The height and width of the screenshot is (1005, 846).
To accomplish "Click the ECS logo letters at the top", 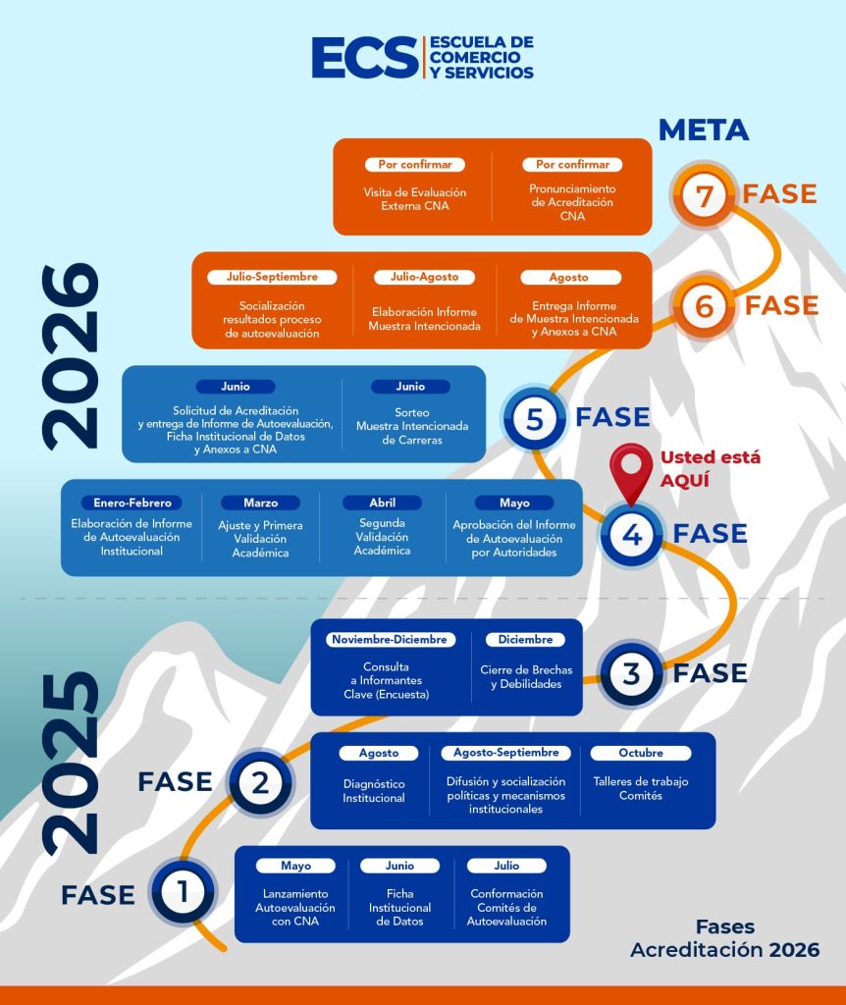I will pos(364,59).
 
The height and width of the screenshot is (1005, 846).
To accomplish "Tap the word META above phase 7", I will pos(703,130).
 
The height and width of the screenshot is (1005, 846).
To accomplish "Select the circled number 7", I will pos(704,194).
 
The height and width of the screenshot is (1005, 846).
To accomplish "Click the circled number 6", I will pos(704,306).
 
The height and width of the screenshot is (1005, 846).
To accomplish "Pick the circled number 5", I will pos(534,418).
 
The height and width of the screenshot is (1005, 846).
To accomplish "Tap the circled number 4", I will pos(631,535).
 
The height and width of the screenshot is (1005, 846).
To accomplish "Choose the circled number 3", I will pos(631,674).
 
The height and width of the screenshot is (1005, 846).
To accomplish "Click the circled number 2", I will pos(260,782).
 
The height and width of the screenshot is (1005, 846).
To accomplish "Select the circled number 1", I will pos(183,893).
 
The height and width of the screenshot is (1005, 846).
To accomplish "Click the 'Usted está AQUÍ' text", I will pos(710,468).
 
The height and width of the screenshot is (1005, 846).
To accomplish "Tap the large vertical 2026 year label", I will pos(72,355).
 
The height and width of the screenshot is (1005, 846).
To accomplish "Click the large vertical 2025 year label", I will pos(72,763).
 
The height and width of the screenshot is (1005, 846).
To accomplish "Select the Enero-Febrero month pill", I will pos(132,502).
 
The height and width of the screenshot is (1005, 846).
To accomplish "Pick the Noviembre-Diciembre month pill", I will pos(390,639).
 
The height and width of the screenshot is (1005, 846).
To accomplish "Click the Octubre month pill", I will pos(640,753).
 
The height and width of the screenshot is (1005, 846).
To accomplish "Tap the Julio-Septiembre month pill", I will pos(272,277).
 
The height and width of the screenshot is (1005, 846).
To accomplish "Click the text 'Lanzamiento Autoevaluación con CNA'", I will pos(295,908).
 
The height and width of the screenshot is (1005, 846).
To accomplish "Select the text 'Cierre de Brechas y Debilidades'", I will pos(526,677).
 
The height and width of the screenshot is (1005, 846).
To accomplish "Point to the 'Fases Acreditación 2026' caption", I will pos(724,938).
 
